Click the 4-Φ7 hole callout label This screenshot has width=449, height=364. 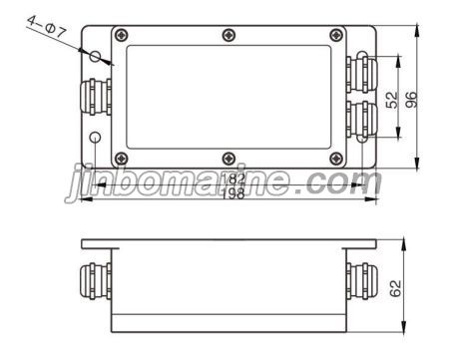[x=47, y=26]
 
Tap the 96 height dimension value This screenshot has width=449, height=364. [x=411, y=100]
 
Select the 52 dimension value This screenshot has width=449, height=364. [x=391, y=100]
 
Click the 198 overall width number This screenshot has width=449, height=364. [x=233, y=193]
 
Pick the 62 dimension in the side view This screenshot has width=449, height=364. [x=395, y=288]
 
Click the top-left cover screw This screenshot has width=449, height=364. [x=122, y=35]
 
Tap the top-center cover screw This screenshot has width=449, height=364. [x=228, y=35]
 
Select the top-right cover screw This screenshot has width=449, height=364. [x=336, y=35]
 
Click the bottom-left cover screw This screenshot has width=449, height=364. [x=122, y=159]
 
